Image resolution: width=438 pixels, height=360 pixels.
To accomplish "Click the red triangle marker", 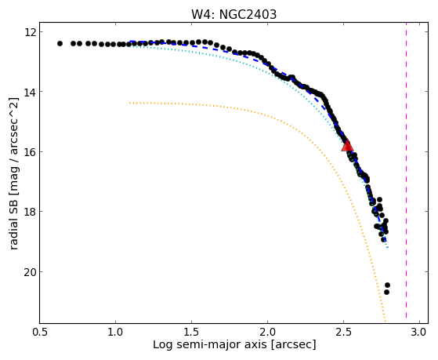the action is pyautogui.click(x=347, y=146).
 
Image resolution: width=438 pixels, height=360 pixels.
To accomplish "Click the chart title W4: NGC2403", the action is pyautogui.click(x=233, y=15).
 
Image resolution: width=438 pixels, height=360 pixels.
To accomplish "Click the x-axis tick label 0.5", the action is pyautogui.click(x=40, y=333).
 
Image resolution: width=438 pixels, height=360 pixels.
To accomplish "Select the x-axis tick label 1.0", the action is pyautogui.click(x=116, y=333).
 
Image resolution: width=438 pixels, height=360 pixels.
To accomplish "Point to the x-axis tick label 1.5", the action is pyautogui.click(x=192, y=333).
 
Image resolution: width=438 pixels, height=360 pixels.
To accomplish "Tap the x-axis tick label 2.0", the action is pyautogui.click(x=268, y=333).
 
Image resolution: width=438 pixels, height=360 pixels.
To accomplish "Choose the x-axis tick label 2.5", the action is pyautogui.click(x=344, y=333).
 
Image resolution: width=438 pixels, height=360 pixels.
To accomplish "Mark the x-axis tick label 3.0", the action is pyautogui.click(x=419, y=333).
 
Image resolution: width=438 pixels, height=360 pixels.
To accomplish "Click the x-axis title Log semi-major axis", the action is pyautogui.click(x=210, y=345).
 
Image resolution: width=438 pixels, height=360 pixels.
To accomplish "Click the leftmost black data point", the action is pyautogui.click(x=60, y=44).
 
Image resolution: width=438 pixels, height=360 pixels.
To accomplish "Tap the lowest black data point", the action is pyautogui.click(x=386, y=292).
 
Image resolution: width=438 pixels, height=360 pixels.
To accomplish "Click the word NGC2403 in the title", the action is pyautogui.click(x=248, y=15).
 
